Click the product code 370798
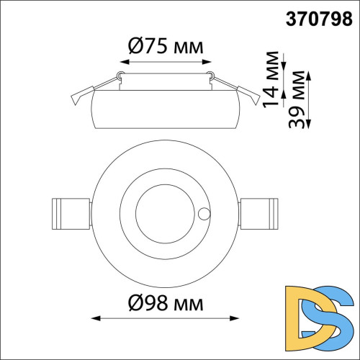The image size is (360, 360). tap(319, 19)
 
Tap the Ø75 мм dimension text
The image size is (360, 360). tap(166, 46)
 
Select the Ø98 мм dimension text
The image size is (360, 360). tap(166, 303)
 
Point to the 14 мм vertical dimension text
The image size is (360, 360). tap(271, 79)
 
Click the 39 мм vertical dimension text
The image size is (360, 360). tap(297, 99)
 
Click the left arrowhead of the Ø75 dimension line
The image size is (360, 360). tap(125, 62)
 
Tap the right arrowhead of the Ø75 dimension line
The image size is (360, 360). tap(207, 62)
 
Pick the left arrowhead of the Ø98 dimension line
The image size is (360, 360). tap(96, 318)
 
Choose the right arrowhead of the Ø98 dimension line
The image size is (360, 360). tap(234, 318)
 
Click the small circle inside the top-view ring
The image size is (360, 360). tap(204, 214)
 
